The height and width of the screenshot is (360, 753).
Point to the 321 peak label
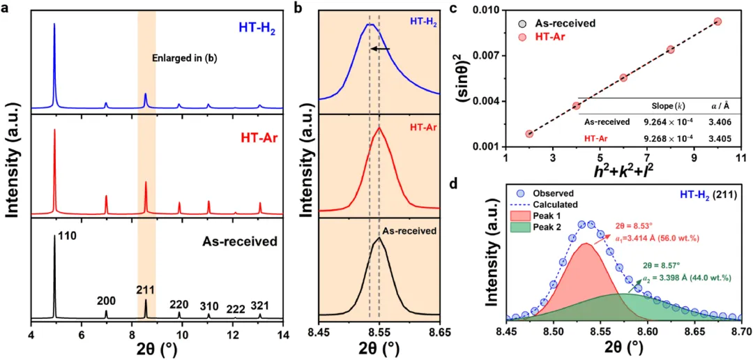[x=259, y=305]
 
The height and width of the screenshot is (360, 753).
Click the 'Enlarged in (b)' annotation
[x=185, y=59]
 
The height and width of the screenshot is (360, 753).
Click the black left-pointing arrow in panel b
[x=380, y=49]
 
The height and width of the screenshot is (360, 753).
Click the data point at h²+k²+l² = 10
[x=717, y=22]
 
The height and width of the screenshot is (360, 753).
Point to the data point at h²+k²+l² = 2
[x=529, y=133]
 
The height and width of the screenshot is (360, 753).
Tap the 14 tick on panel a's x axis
[x=282, y=336]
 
